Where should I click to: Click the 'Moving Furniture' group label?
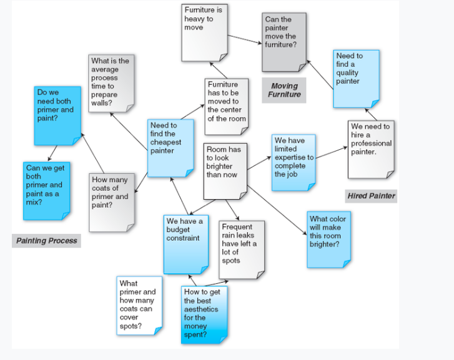coord(284,90)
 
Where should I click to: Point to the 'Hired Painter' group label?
coord(372,196)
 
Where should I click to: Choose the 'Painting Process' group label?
coord(47,241)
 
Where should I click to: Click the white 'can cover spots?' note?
coord(139,305)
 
